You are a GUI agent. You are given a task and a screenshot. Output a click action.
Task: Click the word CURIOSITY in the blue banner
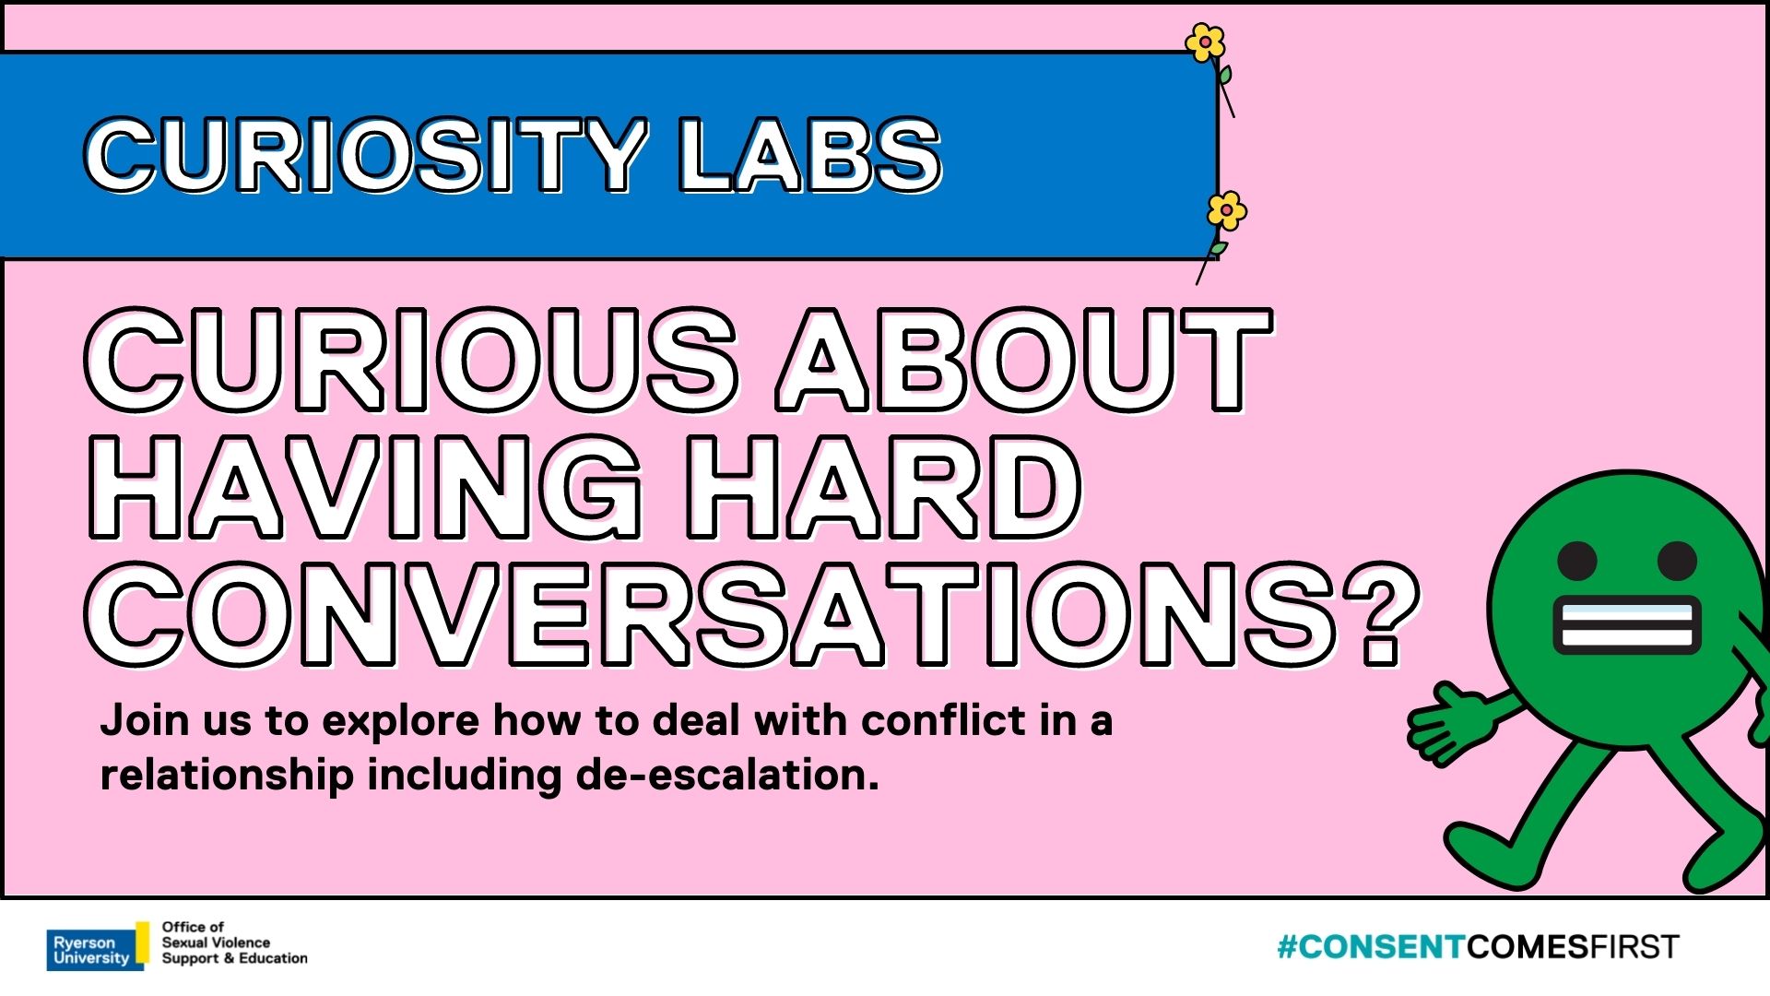pos(365,155)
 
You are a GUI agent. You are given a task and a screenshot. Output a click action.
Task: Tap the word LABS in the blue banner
pos(808,155)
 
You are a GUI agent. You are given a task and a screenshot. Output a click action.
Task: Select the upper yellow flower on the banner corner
pos(1205,42)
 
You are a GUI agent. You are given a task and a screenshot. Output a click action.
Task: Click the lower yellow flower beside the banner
pos(1227,211)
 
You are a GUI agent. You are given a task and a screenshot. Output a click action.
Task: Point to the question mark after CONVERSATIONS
pos(1379,613)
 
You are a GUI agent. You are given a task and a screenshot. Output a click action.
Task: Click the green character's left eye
pos(1576,560)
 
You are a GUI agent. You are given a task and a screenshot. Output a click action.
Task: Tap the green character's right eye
pos(1677,560)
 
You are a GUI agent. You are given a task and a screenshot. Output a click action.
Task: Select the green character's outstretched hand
pos(1449,722)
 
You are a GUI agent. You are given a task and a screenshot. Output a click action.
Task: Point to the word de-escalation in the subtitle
pos(727,775)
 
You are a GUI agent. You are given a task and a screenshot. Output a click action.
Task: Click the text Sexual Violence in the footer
pos(216,943)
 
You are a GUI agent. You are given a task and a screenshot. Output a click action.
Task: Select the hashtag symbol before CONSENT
pos(1287,947)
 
